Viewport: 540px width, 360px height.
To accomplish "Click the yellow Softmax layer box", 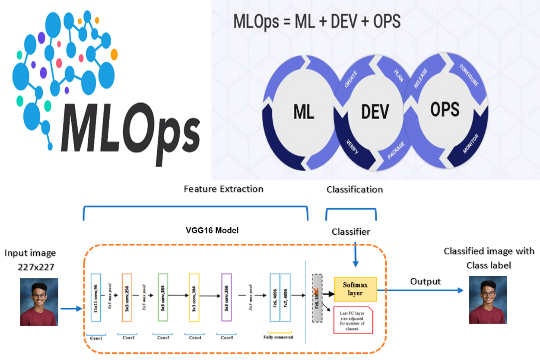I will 355,289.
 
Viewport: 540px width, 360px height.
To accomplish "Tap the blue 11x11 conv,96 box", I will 95,297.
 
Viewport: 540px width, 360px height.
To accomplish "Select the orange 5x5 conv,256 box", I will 127,297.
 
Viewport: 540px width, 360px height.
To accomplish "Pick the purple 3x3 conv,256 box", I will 226,297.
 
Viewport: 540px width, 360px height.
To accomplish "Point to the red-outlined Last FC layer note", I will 353,320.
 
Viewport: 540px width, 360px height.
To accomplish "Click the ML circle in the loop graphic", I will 304,112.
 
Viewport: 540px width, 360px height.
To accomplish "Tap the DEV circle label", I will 375,112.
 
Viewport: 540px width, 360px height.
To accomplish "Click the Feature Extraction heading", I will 223,189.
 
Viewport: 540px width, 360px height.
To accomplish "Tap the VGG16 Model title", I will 209,231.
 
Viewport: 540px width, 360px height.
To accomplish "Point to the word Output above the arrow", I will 426,281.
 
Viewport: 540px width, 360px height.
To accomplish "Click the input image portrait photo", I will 39,302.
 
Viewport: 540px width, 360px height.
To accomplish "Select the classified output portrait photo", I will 488,300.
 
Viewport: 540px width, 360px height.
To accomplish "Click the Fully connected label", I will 278,337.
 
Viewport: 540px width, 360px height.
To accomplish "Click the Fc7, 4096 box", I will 286,297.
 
